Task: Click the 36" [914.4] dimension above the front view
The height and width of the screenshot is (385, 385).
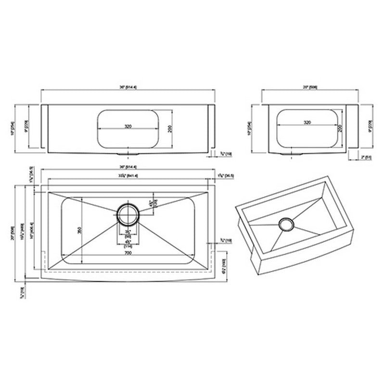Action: pos(128,87)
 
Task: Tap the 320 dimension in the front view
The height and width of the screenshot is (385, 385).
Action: pos(128,127)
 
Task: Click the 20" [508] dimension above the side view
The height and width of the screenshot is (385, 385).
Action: pos(309,87)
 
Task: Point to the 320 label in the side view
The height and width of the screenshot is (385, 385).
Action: pos(307,123)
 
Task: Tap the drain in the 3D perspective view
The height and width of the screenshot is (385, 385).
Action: pos(286,224)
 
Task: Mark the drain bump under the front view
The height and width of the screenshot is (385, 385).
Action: pos(128,154)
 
